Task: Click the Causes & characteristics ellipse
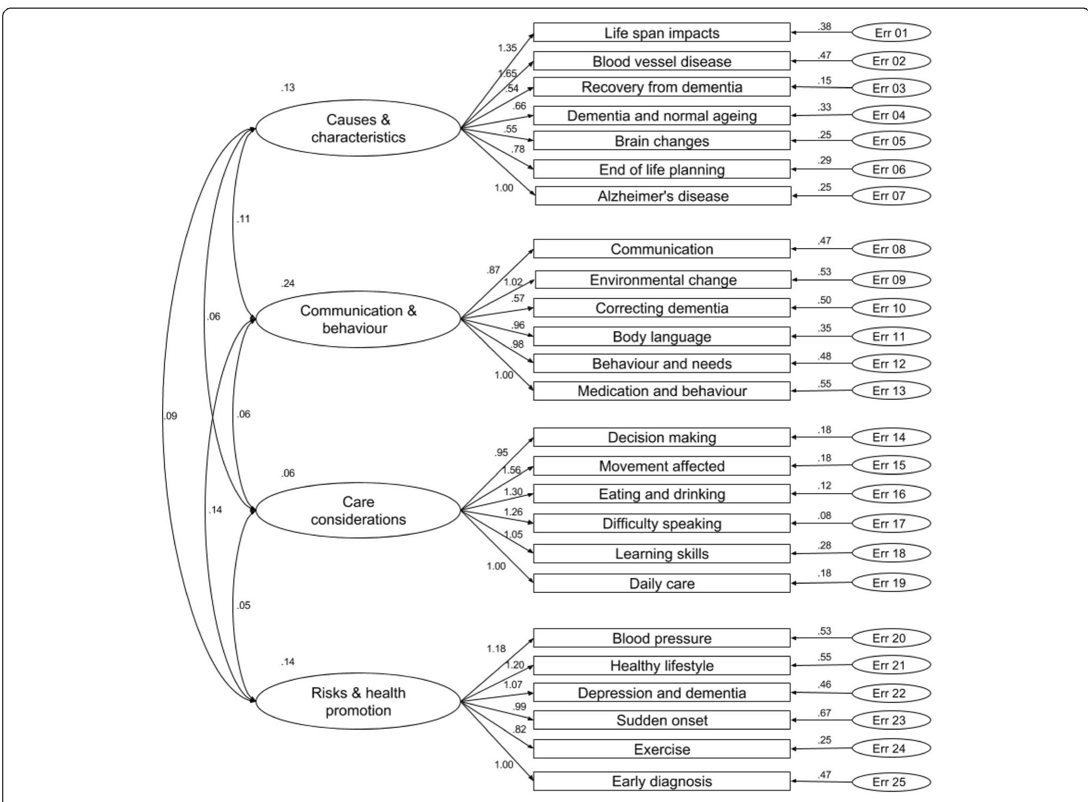pos(358,128)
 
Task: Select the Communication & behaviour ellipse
pos(358,319)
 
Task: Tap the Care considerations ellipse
pos(358,510)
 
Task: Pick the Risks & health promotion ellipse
pos(358,701)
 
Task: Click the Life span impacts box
pos(662,33)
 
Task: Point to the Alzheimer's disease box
pos(663,196)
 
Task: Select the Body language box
pos(662,337)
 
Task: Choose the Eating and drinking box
pos(662,494)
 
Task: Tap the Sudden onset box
pos(662,720)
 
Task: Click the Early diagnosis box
pos(662,781)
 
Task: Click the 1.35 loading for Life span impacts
pos(507,48)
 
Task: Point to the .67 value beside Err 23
pos(824,713)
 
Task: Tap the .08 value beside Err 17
pos(824,516)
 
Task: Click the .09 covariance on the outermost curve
pos(170,416)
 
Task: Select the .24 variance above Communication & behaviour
pos(288,283)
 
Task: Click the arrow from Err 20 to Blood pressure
pos(822,638)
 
